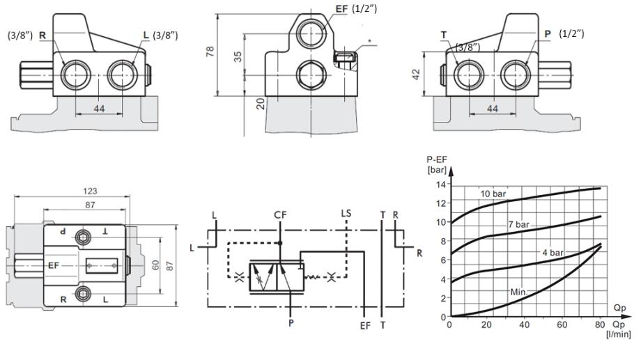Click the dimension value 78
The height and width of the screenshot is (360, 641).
212,52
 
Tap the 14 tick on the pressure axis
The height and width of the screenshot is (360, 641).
440,185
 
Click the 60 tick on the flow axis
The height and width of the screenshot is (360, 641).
562,324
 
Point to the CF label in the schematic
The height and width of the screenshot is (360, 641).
280,214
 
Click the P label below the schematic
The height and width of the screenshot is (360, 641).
291,324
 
